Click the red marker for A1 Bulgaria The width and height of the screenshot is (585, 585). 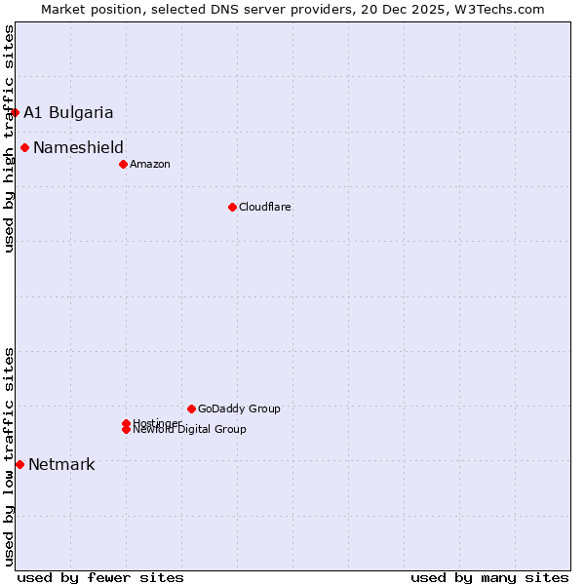(15, 112)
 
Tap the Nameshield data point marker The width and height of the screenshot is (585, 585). (24, 148)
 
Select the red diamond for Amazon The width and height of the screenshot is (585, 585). (123, 164)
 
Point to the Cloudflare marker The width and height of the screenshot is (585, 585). (232, 207)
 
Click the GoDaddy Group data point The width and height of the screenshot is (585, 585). (191, 409)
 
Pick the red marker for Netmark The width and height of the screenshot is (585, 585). (19, 464)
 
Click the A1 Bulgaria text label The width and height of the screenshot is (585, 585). (68, 112)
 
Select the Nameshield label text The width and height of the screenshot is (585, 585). (78, 148)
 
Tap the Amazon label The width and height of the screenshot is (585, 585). (150, 164)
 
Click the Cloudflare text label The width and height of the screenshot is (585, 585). (265, 207)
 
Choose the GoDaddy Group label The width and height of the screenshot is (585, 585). (239, 409)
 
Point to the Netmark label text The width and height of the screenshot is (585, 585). (61, 464)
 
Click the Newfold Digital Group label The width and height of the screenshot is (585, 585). (190, 430)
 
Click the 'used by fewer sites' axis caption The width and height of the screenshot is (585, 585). (100, 577)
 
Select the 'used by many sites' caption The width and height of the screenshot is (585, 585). (489, 577)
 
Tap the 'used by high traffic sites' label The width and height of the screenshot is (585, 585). (9, 138)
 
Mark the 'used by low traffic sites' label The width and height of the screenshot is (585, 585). (9, 456)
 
